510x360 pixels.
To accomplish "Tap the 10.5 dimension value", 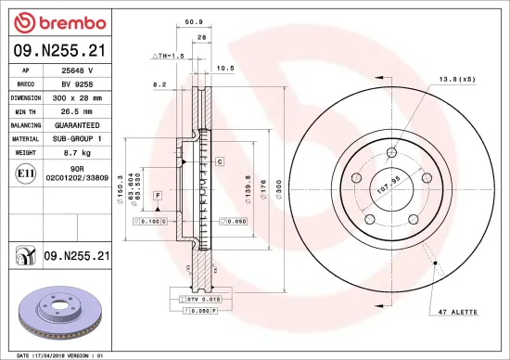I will coord(223,67).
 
